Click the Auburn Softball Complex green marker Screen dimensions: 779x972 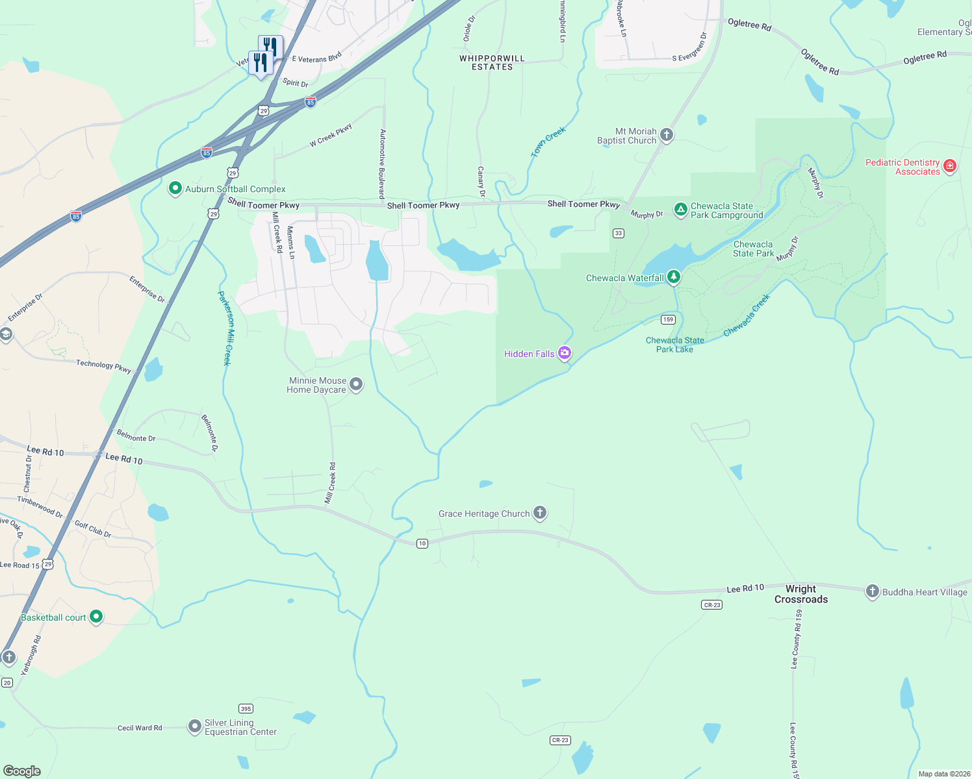click(175, 188)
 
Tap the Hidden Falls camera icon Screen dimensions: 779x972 click(565, 353)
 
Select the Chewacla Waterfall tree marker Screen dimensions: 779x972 click(674, 277)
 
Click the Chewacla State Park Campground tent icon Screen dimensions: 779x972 click(680, 209)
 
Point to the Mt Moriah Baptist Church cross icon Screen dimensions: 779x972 click(666, 135)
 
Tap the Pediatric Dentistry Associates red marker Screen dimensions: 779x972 click(949, 166)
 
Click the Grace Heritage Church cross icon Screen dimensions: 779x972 click(539, 513)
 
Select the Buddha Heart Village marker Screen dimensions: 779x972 click(872, 591)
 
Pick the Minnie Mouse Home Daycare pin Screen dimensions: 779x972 click(356, 384)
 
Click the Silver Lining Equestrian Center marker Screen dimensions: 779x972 click(194, 726)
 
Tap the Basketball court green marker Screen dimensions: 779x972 click(96, 616)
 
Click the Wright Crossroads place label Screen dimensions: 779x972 click(801, 594)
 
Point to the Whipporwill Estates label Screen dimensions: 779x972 click(492, 62)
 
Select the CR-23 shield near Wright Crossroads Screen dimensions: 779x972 click(712, 604)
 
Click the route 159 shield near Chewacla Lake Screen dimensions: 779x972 click(668, 319)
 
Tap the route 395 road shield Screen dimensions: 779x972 click(246, 709)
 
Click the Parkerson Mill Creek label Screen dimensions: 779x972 click(225, 328)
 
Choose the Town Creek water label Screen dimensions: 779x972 click(548, 142)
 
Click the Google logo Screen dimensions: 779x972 click(22, 771)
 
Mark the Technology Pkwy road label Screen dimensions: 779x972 click(104, 365)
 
